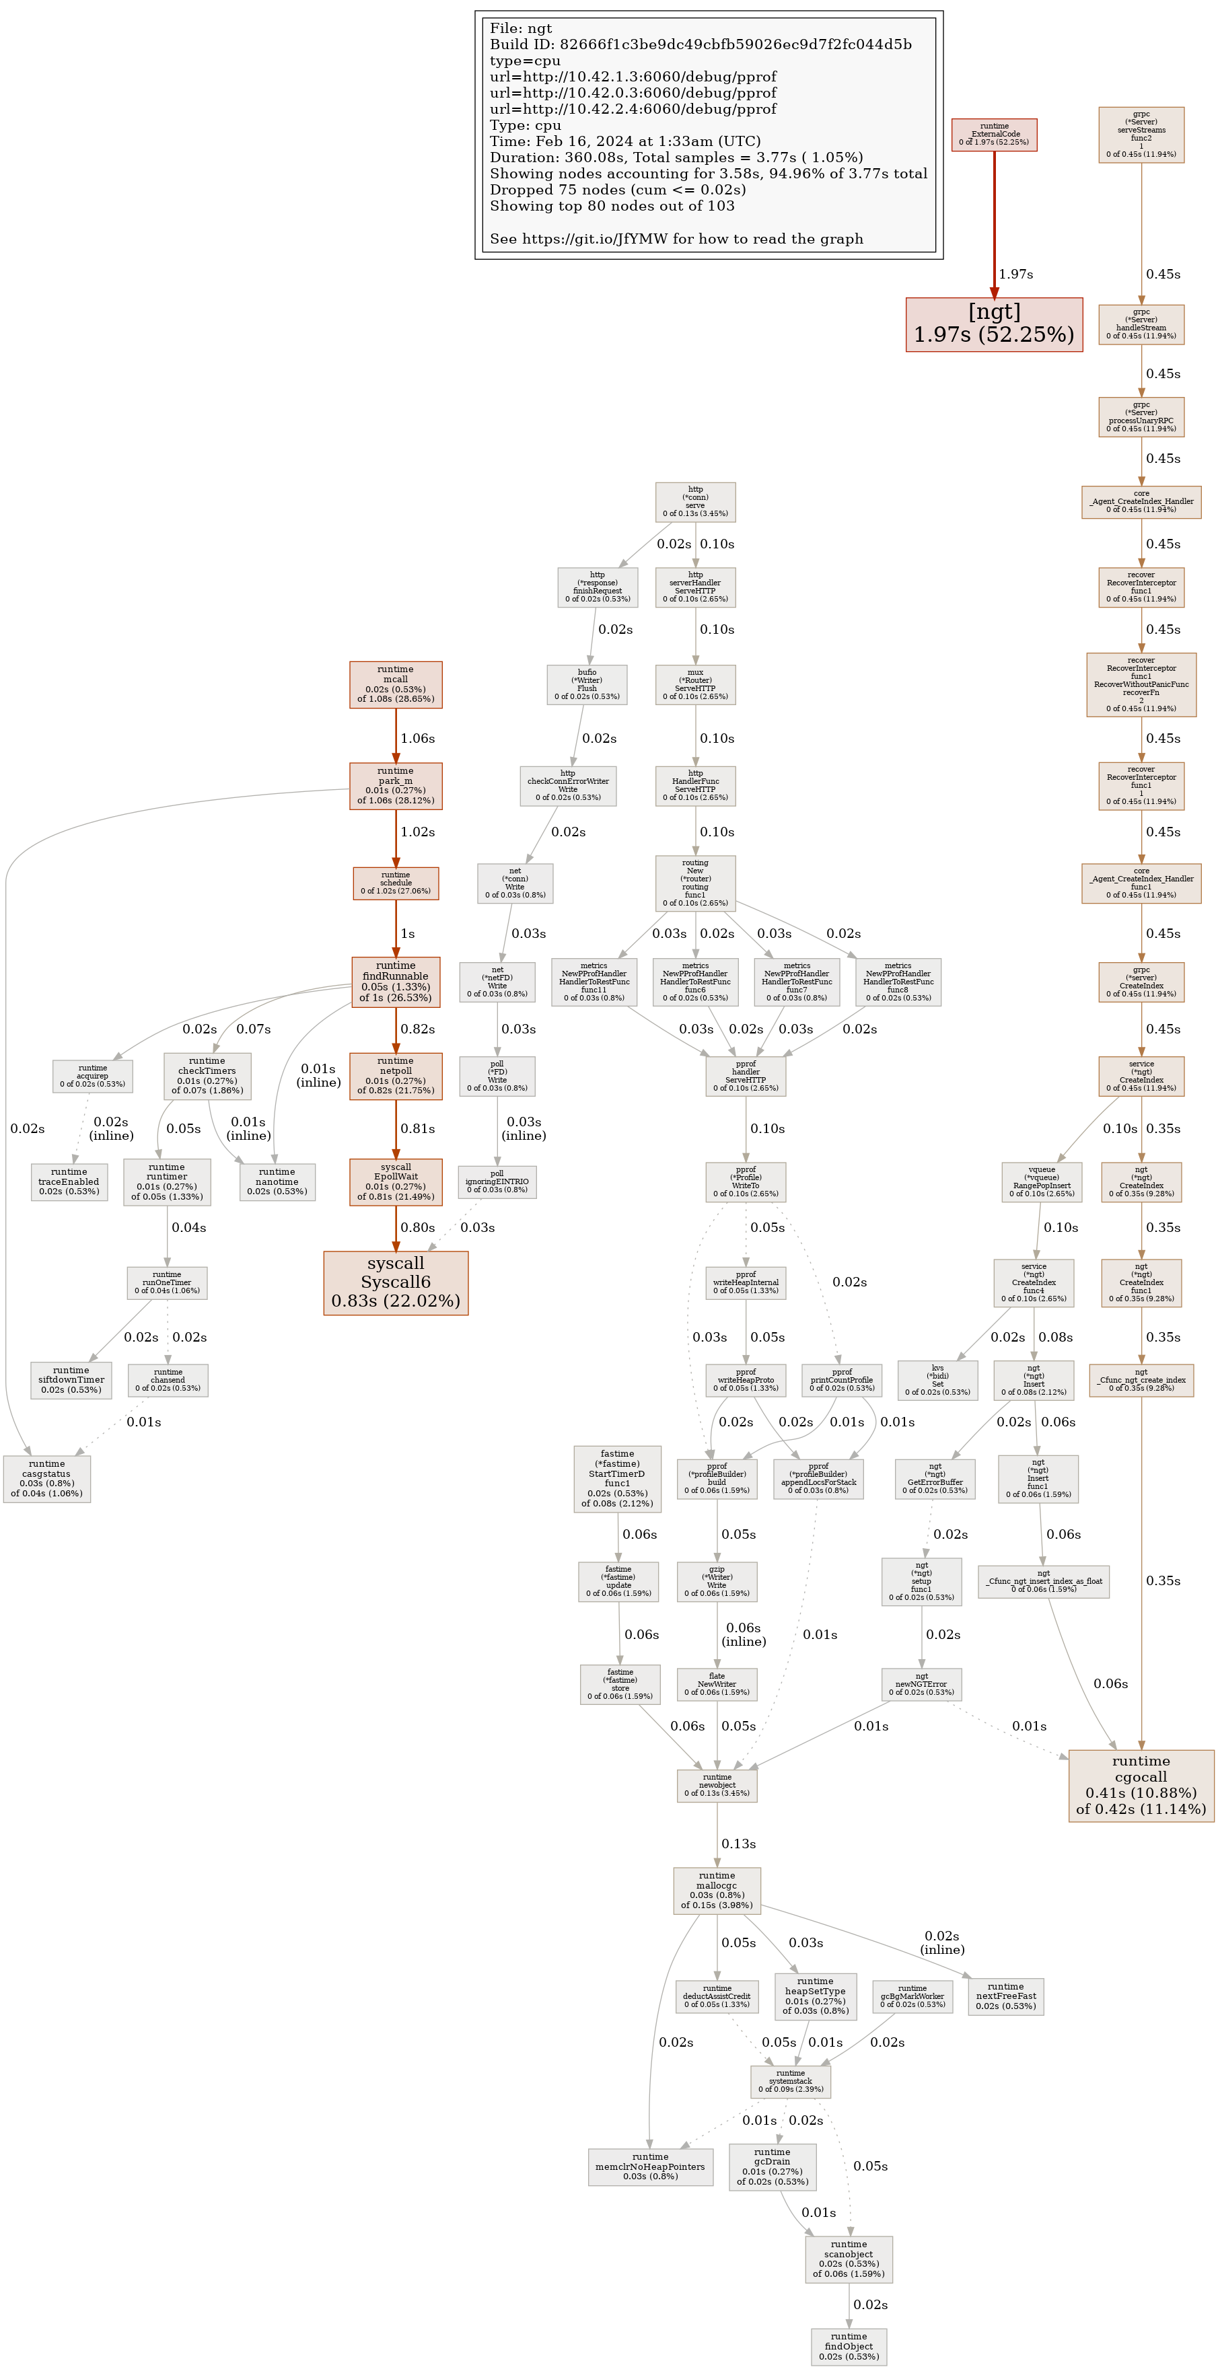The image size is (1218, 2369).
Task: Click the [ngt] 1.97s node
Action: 993,324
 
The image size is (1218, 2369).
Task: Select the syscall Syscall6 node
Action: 396,1282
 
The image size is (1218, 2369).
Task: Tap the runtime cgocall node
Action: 1141,1785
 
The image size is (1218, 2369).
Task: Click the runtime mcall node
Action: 396,684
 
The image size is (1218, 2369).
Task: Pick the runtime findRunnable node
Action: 396,981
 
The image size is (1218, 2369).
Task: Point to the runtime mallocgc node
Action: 717,1890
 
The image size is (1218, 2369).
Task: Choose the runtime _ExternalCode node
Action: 993,135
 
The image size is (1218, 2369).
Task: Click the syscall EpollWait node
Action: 396,1181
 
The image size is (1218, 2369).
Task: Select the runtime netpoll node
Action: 396,1075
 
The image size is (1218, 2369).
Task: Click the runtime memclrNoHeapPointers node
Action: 651,2166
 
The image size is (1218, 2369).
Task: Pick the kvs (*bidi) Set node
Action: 937,1379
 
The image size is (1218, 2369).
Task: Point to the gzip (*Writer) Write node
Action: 717,1581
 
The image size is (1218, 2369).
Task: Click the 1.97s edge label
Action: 1015,274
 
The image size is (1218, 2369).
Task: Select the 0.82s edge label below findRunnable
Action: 418,1029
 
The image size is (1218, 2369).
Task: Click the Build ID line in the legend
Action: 700,44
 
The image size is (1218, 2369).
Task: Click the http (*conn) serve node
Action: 696,502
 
